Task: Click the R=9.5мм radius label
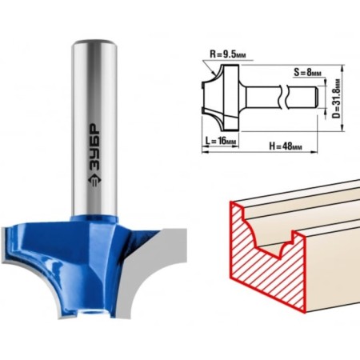tap(228, 54)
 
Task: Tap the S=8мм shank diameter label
tap(307, 72)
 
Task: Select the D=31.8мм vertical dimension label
tap(338, 98)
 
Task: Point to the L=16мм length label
tap(221, 141)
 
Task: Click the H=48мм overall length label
tap(286, 146)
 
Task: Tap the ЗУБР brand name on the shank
tap(94, 147)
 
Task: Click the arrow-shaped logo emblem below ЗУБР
tap(94, 182)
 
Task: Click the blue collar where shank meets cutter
tap(94, 218)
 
